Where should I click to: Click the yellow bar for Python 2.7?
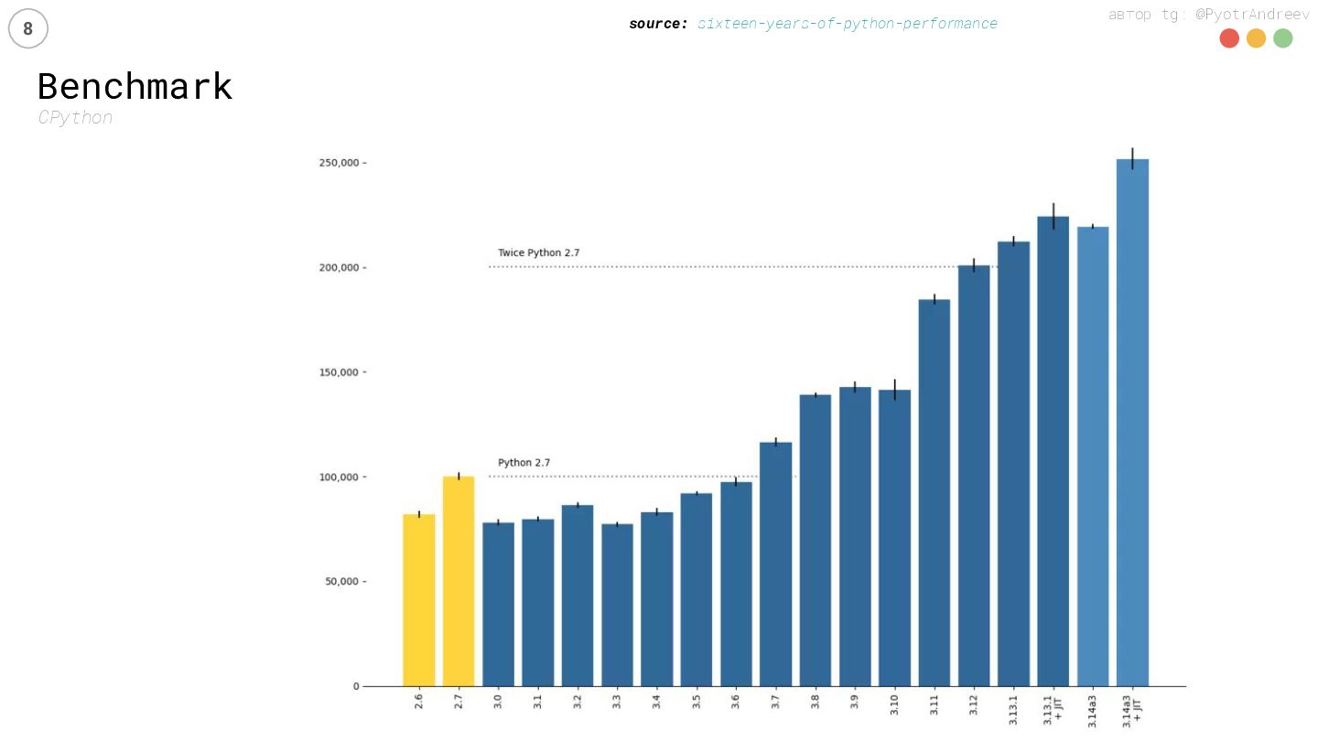[459, 581]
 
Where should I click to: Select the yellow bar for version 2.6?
[419, 600]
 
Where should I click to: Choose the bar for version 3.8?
[815, 540]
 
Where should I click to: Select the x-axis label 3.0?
[498, 703]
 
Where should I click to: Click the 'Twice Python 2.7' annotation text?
[538, 252]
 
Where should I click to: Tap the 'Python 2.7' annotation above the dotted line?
[524, 463]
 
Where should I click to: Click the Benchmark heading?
[135, 87]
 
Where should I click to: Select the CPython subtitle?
[75, 118]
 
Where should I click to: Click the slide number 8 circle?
[27, 29]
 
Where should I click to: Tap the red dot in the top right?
[1229, 38]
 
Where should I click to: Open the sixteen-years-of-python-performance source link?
[847, 24]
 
